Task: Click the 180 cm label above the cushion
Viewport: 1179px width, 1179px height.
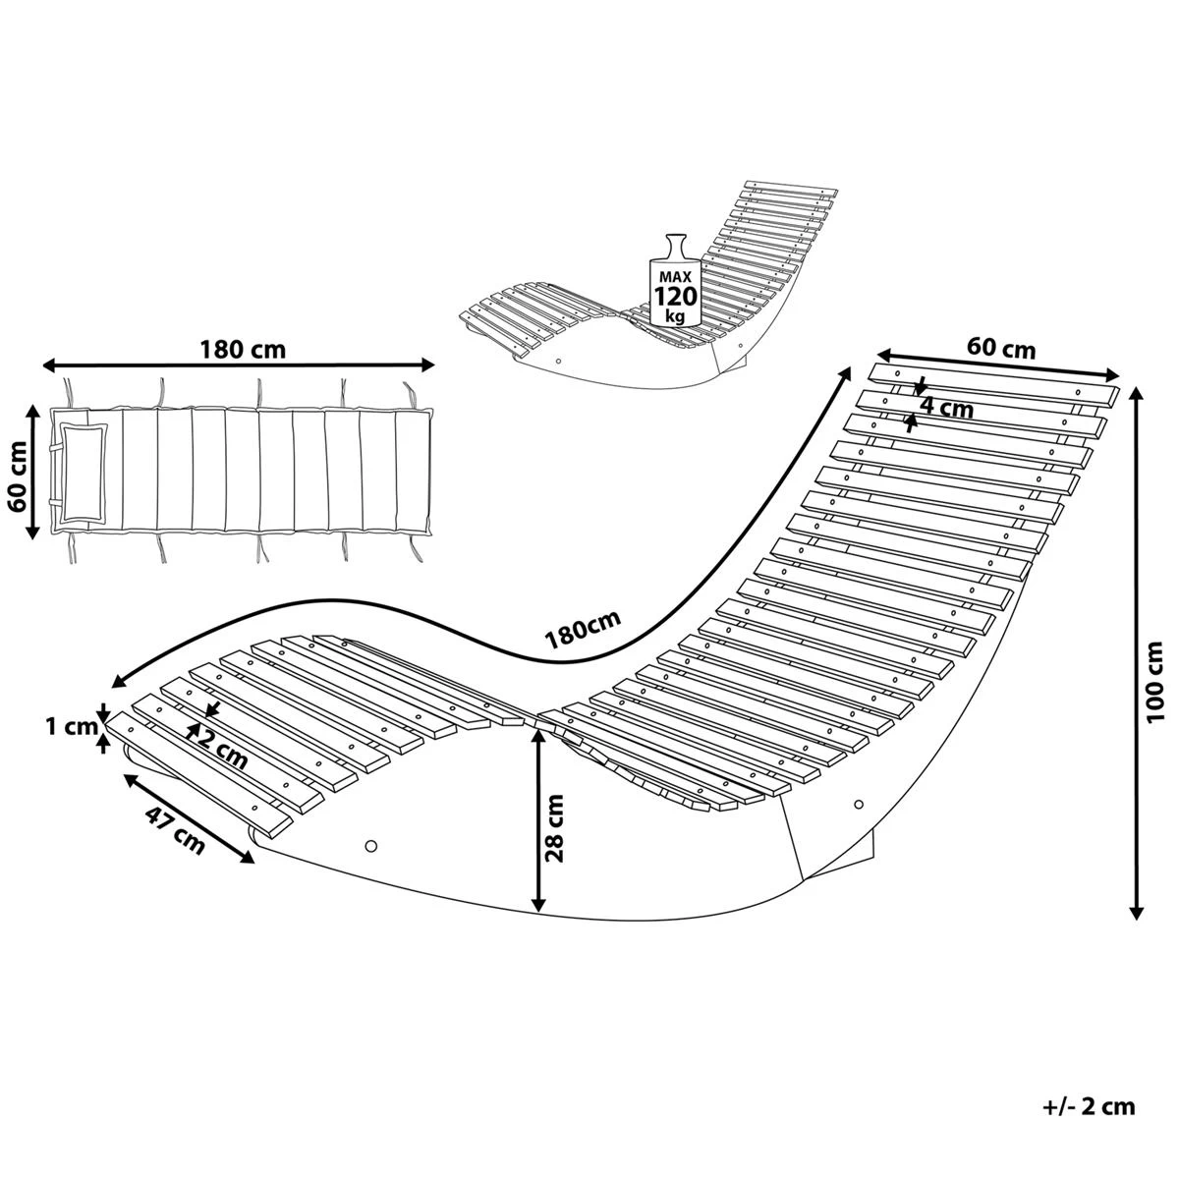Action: [243, 349]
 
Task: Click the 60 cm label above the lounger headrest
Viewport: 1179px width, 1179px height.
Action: [1001, 347]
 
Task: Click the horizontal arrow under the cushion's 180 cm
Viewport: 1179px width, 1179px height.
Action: [239, 365]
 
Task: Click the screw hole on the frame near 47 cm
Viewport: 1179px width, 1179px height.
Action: [370, 845]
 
